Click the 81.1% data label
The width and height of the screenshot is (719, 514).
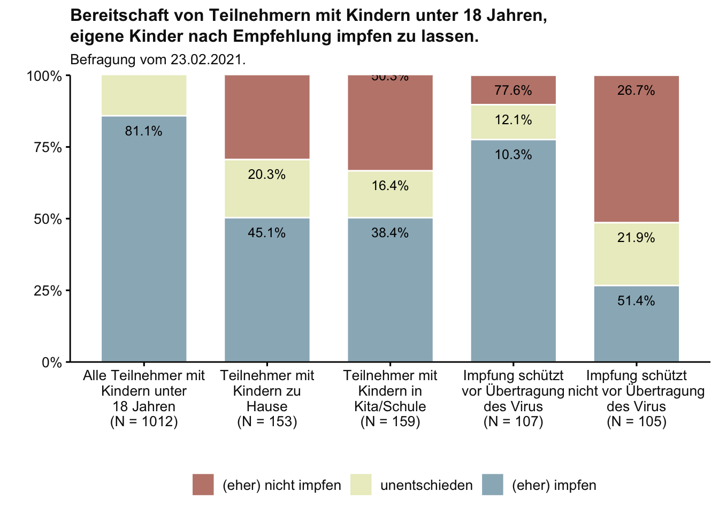click(143, 131)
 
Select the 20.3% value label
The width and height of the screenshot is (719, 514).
click(266, 175)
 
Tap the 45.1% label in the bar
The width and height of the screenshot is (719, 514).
click(266, 233)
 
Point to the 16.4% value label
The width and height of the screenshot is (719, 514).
click(390, 186)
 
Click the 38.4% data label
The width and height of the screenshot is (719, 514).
click(390, 233)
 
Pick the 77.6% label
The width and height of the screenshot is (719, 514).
click(513, 90)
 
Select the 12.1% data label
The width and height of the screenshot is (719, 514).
click(513, 120)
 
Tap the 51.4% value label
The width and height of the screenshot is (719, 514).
click(636, 301)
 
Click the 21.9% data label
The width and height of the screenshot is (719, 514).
click(636, 238)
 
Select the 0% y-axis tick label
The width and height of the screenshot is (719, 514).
click(52, 362)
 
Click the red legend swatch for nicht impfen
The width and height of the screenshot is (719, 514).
click(203, 485)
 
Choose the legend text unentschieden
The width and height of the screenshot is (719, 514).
click(426, 486)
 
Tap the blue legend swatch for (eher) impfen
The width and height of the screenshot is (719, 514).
click(492, 485)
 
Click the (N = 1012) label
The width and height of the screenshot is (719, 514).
click(143, 422)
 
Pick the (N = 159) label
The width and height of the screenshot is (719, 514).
click(390, 422)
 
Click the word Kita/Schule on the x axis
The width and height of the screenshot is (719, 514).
click(390, 406)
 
